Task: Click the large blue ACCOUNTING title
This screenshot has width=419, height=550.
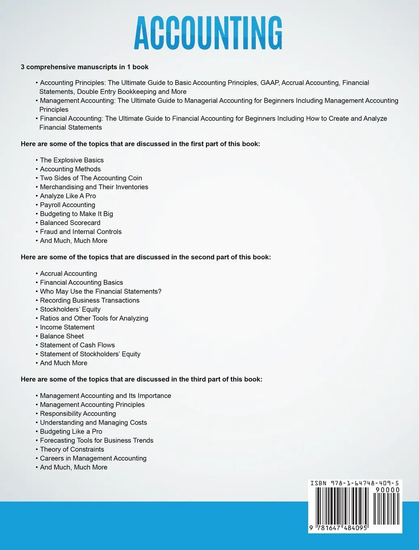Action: (x=208, y=33)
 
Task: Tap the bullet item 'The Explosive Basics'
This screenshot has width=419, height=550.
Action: (x=72, y=160)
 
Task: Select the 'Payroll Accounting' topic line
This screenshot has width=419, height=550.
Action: (x=67, y=205)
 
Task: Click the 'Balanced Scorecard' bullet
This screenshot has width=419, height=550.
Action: (x=70, y=223)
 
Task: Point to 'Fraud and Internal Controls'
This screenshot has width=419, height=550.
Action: (x=80, y=232)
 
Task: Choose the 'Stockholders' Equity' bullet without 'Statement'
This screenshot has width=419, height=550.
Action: (x=70, y=309)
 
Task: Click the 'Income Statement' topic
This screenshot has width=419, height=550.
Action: (x=67, y=327)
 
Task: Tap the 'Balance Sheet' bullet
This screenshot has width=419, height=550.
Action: (x=62, y=336)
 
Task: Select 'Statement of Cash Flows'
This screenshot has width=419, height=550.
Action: (x=77, y=345)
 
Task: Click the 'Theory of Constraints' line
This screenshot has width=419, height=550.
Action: (x=72, y=449)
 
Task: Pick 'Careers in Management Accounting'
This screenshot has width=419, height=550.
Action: (x=93, y=458)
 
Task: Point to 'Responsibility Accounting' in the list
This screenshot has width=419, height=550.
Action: (x=78, y=414)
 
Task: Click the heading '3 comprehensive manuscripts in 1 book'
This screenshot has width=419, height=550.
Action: (x=84, y=67)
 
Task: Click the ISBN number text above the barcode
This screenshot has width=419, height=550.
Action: (x=354, y=483)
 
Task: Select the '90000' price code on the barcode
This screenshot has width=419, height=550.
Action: (x=387, y=490)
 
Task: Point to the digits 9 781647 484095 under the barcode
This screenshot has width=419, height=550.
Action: (x=339, y=528)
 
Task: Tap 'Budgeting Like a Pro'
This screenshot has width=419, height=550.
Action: (x=71, y=432)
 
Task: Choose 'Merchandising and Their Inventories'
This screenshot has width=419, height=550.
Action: (x=94, y=187)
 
